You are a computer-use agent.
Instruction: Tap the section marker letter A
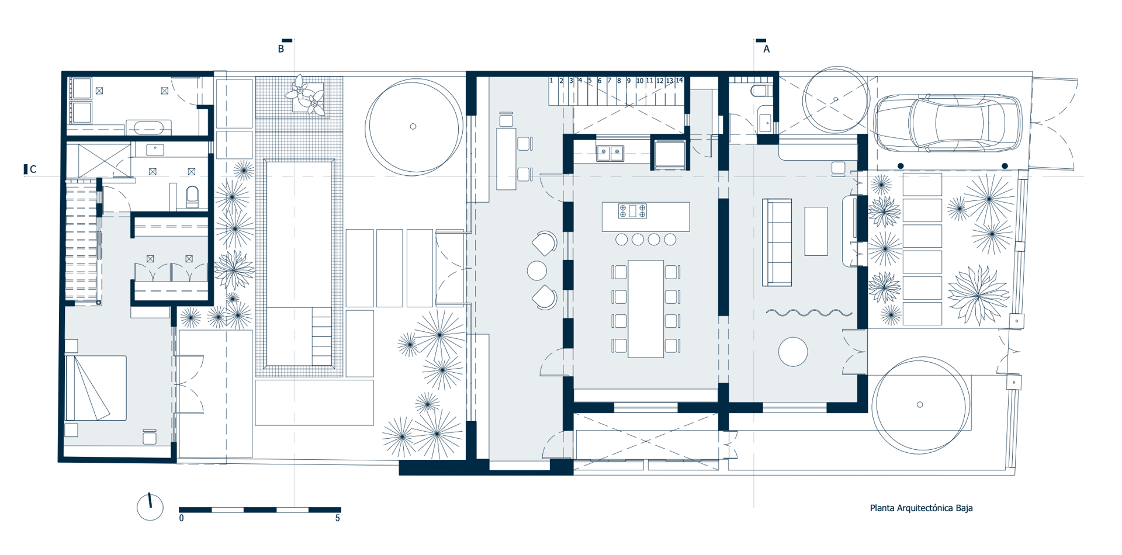[767, 50]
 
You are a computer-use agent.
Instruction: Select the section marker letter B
[281, 50]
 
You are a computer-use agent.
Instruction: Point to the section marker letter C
[33, 169]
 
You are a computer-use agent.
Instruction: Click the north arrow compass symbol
[150, 507]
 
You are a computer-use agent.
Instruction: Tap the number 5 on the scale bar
[337, 518]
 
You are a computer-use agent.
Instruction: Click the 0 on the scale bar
[182, 518]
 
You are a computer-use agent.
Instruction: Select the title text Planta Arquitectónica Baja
[922, 508]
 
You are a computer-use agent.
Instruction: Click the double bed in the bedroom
[96, 388]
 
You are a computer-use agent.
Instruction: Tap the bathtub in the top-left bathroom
[149, 127]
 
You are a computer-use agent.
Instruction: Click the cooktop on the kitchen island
[632, 211]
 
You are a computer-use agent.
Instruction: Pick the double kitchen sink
[610, 153]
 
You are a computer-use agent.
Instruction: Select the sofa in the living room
[777, 242]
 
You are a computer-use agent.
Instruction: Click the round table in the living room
[793, 352]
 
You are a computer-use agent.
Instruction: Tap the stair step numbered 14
[679, 81]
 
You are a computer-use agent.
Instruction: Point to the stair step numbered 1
[551, 81]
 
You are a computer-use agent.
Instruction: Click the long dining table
[646, 308]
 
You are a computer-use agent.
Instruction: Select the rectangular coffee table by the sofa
[816, 231]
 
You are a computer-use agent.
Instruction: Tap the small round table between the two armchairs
[537, 270]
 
